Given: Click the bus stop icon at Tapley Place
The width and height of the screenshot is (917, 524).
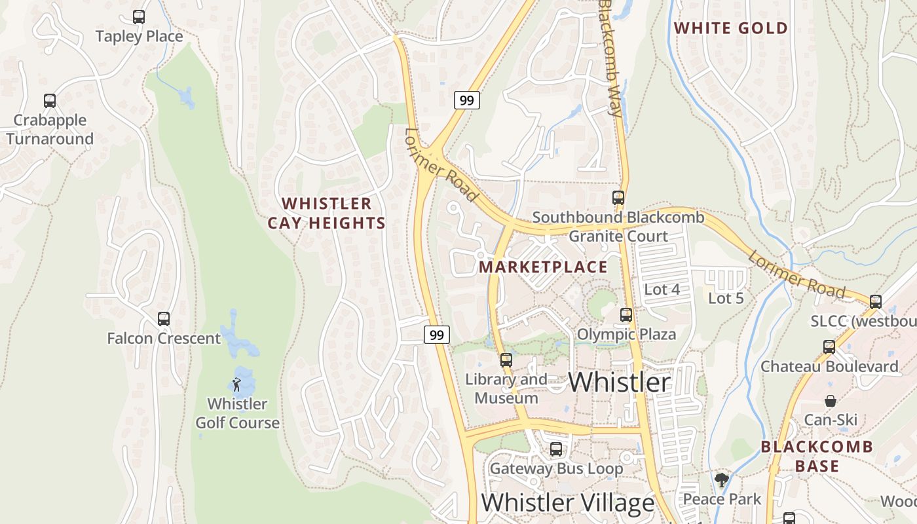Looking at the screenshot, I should (x=138, y=17).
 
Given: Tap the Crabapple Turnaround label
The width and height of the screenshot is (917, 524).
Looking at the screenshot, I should (x=50, y=130).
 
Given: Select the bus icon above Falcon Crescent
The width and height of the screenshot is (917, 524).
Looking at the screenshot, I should (x=163, y=319).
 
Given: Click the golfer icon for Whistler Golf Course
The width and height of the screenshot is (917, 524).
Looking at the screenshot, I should (x=237, y=384).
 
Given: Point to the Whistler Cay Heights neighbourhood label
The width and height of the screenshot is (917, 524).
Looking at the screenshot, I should (x=327, y=214).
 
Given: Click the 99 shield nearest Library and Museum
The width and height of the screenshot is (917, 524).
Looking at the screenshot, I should (x=437, y=335).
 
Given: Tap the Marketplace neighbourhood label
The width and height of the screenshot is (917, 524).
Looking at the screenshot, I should (x=543, y=267).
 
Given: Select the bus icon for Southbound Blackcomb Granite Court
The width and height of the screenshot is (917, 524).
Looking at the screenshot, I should (x=618, y=197).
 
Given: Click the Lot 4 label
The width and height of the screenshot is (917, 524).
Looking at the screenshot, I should (x=662, y=290).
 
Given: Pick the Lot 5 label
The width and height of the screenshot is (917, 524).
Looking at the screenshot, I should (x=726, y=298).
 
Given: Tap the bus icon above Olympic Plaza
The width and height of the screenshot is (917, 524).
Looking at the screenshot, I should (x=626, y=315).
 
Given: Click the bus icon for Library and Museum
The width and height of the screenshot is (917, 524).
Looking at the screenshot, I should (x=506, y=360).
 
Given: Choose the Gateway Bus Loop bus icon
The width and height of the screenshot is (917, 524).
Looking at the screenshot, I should (x=555, y=449).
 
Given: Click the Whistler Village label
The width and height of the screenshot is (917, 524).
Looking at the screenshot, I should (x=568, y=503).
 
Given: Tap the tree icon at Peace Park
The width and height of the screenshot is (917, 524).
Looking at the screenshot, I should (x=722, y=480).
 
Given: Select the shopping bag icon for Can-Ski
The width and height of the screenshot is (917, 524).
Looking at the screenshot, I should (x=830, y=401).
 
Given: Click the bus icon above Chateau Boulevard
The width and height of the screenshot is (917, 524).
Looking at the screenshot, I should (x=829, y=347).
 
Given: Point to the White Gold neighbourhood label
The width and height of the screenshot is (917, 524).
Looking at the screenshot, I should (x=730, y=28).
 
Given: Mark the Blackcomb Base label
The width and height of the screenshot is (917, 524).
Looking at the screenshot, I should (x=817, y=457).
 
